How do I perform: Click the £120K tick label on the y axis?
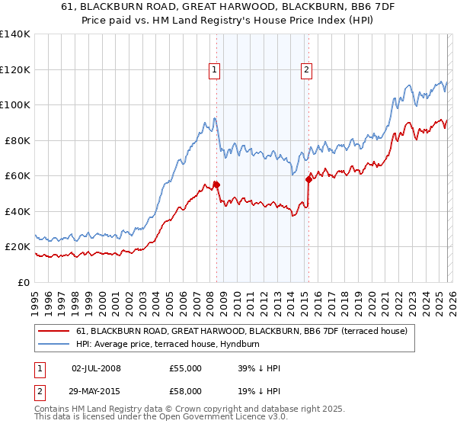point(15,69)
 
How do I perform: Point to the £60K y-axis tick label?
point(18,175)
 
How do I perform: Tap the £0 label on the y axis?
point(24,282)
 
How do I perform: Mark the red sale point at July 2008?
point(216,184)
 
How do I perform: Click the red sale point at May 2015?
point(308,179)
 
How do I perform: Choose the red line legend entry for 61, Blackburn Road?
point(241,331)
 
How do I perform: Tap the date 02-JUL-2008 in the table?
point(96,368)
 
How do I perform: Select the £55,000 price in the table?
point(186,368)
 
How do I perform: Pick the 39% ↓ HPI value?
point(259,368)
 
